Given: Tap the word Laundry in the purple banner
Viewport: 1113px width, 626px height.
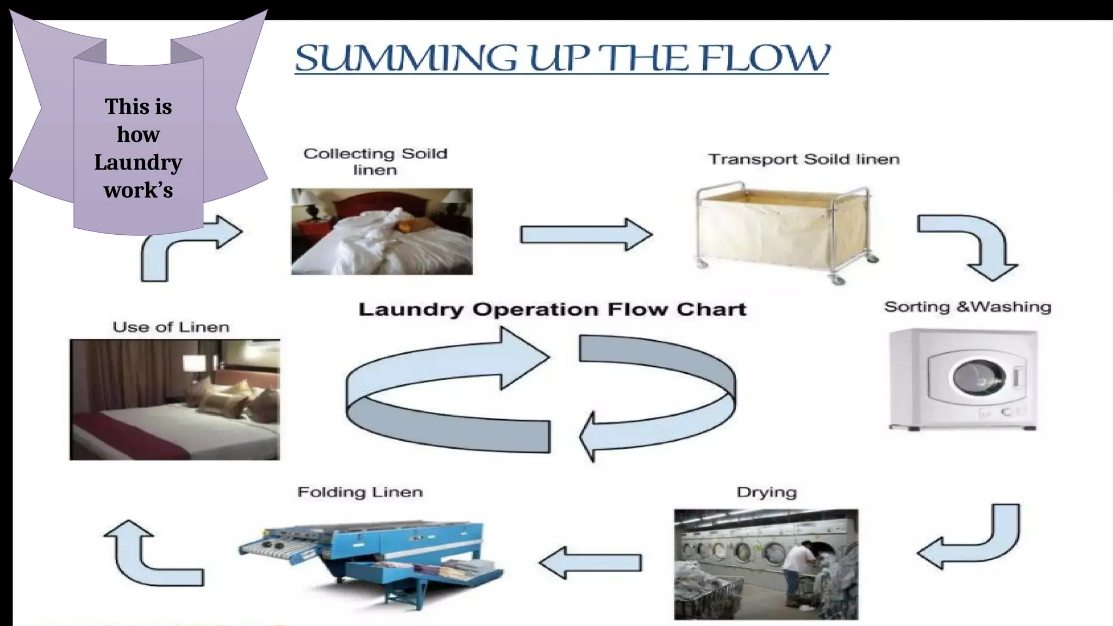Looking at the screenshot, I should (x=138, y=162).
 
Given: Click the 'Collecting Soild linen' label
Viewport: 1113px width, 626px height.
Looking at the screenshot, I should (x=375, y=161).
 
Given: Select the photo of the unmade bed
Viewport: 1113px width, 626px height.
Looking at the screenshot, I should (x=382, y=231).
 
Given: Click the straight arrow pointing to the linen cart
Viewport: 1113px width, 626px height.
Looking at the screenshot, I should (x=585, y=235).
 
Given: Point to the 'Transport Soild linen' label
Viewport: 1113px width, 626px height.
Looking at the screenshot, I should (x=803, y=159).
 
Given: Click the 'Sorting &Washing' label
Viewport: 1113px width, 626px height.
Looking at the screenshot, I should (x=967, y=307).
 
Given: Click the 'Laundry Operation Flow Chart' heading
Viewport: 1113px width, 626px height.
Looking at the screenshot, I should (x=552, y=310).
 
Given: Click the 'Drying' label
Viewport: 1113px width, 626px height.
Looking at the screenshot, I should (x=766, y=492).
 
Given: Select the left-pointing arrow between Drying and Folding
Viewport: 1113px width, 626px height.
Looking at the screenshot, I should (x=590, y=563).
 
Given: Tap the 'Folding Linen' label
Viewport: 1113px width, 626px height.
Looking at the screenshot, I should (x=360, y=492).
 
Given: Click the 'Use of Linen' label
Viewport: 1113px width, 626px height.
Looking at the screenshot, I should (x=171, y=327).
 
